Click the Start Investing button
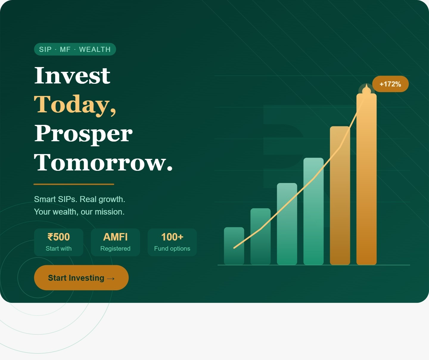81,277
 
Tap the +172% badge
390,84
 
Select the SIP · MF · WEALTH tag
75,49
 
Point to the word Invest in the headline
72,76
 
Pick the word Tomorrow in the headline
103,163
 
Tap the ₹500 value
59,237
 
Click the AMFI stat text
115,237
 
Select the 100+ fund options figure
172,237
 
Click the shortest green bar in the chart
234,246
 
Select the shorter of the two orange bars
340,195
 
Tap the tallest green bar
313,211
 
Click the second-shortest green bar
260,237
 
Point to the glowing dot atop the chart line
366,91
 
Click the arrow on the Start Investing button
111,279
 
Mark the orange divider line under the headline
74,184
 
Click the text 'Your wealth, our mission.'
79,212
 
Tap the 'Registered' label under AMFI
115,249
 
